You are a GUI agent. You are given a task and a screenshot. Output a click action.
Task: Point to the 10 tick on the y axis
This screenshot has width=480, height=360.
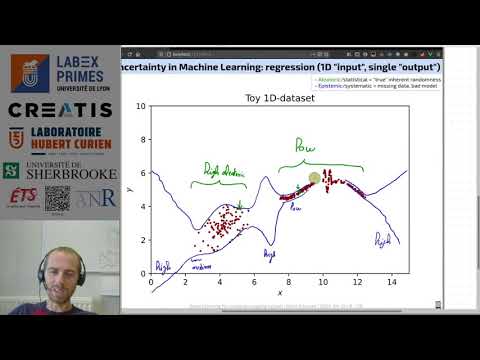pyautogui.click(x=142, y=106)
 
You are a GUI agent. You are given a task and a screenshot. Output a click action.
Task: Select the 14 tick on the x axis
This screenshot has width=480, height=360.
pyautogui.click(x=392, y=285)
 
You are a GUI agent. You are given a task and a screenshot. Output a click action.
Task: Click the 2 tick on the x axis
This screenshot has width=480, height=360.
pyautogui.click(x=186, y=285)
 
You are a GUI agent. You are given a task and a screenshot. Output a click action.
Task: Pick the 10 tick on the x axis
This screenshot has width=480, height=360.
pyautogui.click(x=323, y=285)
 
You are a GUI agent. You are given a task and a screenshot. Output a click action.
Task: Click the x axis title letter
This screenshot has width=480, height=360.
pyautogui.click(x=279, y=293)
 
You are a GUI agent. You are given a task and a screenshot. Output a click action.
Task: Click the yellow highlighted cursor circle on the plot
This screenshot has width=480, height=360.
pyautogui.click(x=314, y=178)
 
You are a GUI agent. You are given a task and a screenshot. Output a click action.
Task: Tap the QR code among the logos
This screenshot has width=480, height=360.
pyautogui.click(x=58, y=198)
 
